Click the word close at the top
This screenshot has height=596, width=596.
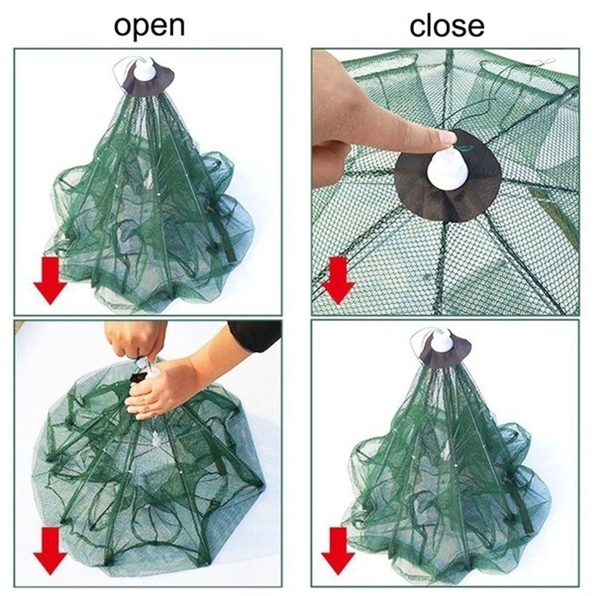pyautogui.click(x=446, y=26)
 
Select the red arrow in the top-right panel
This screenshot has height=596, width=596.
pyautogui.click(x=339, y=279)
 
